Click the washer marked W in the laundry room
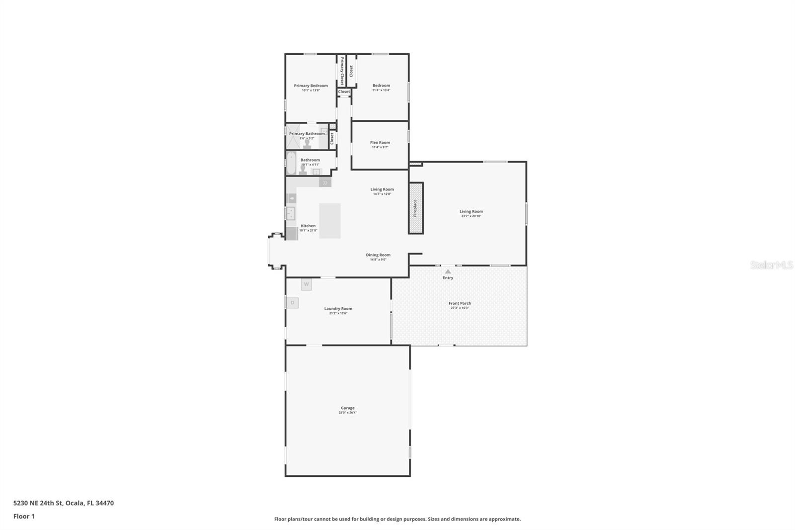pyautogui.click(x=306, y=284)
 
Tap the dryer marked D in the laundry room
pyautogui.click(x=292, y=302)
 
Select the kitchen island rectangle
pyautogui.click(x=329, y=220)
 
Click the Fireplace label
pyautogui.click(x=415, y=208)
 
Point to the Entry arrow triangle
pyautogui.click(x=448, y=271)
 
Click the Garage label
pyautogui.click(x=347, y=408)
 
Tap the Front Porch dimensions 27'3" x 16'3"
pyautogui.click(x=460, y=308)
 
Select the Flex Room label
pyautogui.click(x=380, y=143)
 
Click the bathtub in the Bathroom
pyautogui.click(x=291, y=163)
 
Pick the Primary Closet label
pyautogui.click(x=342, y=71)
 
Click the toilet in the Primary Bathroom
pyautogui.click(x=308, y=144)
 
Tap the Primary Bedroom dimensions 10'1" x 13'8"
pyautogui.click(x=311, y=90)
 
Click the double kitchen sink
pyautogui.click(x=290, y=213)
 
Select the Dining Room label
pyautogui.click(x=378, y=255)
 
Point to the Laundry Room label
pyautogui.click(x=338, y=308)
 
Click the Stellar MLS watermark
pyautogui.click(x=771, y=265)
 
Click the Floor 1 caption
pyautogui.click(x=24, y=516)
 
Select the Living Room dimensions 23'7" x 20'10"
pyautogui.click(x=471, y=216)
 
